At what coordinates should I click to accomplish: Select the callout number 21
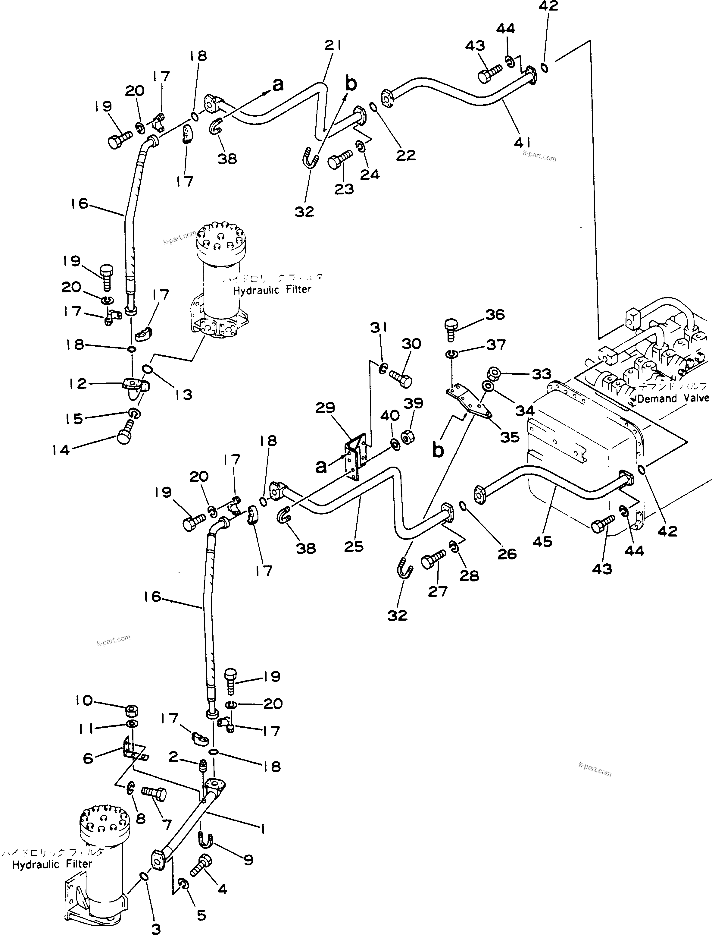(x=333, y=45)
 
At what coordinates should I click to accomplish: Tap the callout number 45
(x=542, y=541)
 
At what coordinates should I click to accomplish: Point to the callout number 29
(x=325, y=408)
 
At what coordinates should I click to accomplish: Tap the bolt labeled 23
(x=340, y=160)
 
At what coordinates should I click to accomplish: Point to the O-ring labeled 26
(x=463, y=505)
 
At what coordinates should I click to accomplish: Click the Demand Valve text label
(x=673, y=398)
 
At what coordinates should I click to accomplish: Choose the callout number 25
(x=354, y=546)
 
